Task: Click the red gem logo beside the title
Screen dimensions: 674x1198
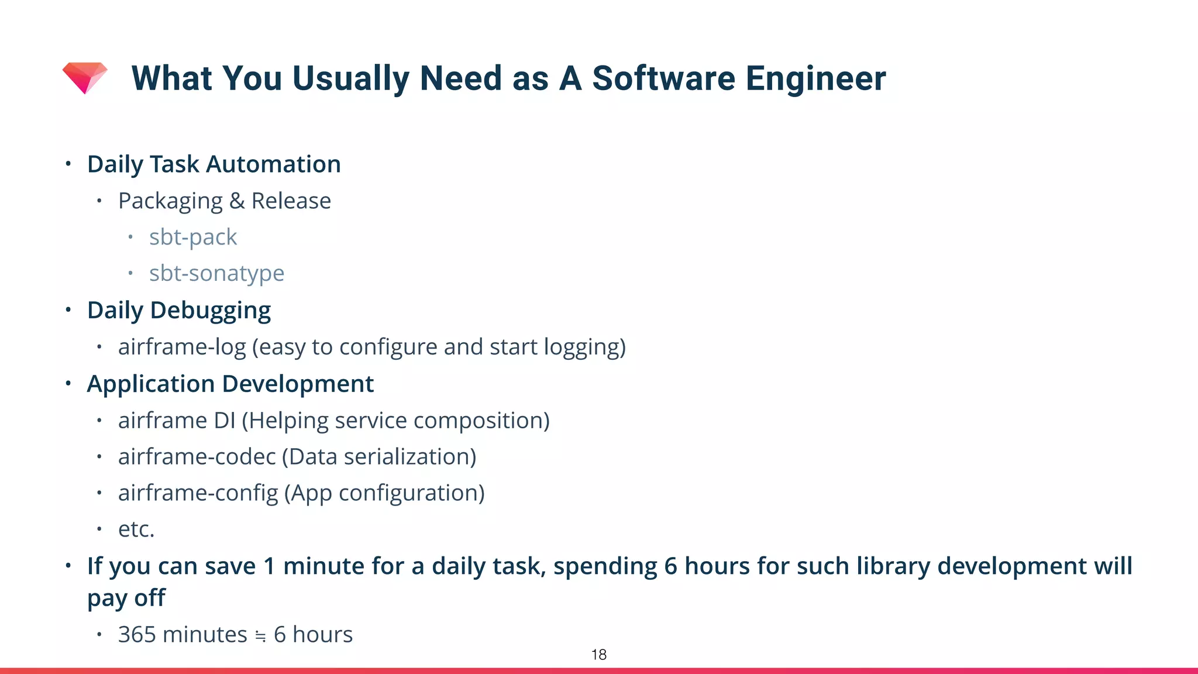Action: click(x=85, y=77)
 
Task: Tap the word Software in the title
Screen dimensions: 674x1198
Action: click(x=663, y=78)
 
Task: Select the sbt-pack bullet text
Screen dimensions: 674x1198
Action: click(x=192, y=237)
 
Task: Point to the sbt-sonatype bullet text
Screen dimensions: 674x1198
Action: click(x=216, y=273)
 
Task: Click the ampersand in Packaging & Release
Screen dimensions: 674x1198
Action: click(x=237, y=201)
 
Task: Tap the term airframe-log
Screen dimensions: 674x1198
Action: click(x=182, y=347)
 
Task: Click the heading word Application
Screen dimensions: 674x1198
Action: click(x=151, y=384)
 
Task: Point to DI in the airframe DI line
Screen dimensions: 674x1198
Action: click(x=225, y=421)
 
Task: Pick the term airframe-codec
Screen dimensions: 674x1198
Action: click(x=197, y=457)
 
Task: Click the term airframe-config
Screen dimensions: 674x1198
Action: click(x=198, y=493)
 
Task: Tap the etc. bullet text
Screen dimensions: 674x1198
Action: click(x=136, y=529)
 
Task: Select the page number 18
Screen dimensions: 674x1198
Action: click(x=598, y=655)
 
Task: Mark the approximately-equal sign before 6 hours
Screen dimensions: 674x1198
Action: click(x=260, y=636)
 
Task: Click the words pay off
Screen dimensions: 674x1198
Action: click(x=126, y=599)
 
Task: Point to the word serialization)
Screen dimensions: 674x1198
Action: click(x=410, y=457)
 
